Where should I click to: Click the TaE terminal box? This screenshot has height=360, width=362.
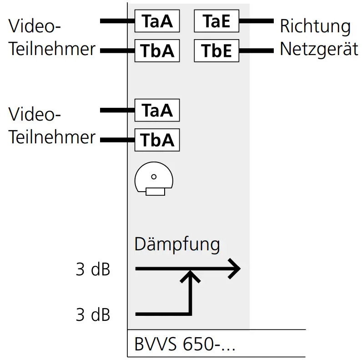click(216, 21)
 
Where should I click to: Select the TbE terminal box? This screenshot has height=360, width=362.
click(216, 51)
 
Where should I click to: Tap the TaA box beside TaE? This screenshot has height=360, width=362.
click(157, 21)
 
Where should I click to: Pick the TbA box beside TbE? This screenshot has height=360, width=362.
click(157, 51)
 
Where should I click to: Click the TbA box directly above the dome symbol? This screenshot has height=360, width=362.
click(157, 139)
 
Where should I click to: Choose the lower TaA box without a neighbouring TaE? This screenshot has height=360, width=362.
click(157, 110)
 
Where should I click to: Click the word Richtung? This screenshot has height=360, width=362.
click(315, 26)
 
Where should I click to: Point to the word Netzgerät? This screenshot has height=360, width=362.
click(319, 49)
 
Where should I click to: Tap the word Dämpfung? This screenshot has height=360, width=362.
click(177, 244)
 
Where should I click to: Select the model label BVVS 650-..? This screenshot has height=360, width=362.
click(185, 345)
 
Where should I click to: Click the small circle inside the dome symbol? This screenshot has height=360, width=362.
click(154, 177)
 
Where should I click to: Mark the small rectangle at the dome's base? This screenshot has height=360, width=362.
click(155, 192)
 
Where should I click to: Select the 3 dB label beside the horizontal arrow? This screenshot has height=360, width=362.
click(93, 269)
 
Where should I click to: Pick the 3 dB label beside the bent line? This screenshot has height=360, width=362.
click(93, 314)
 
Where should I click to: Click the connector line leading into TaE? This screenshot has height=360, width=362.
click(256, 21)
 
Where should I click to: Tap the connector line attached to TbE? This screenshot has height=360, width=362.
click(256, 51)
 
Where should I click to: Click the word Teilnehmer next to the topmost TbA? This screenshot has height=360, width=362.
click(52, 49)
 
